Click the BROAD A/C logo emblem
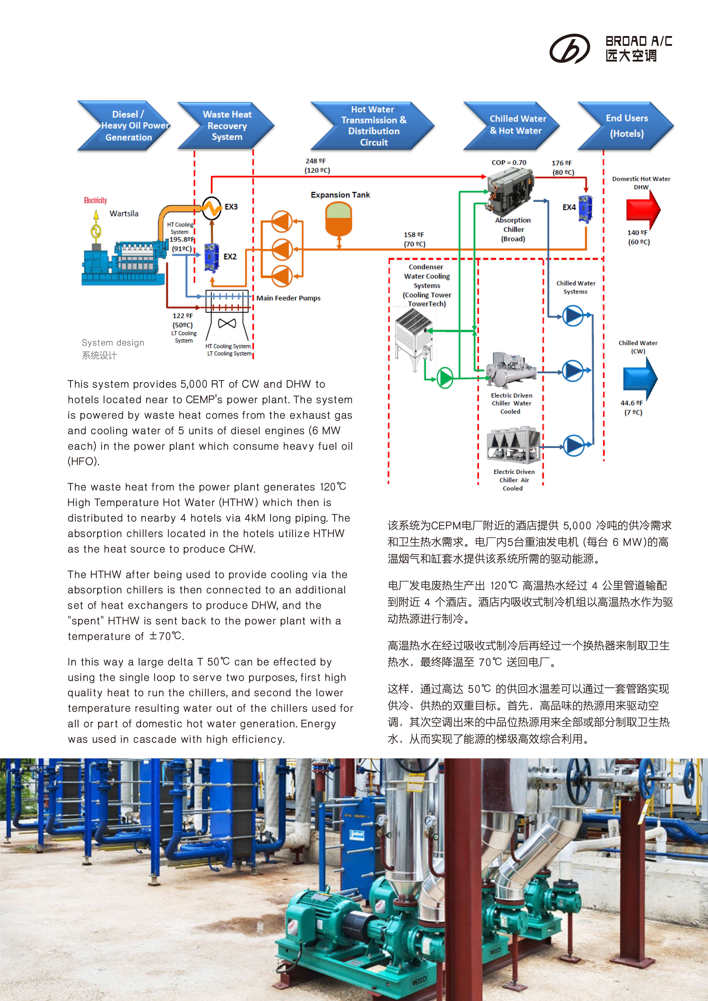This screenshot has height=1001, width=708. [x=569, y=48]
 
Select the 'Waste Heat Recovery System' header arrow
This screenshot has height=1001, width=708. [x=226, y=126]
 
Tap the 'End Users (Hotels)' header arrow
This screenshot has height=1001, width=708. [x=626, y=126]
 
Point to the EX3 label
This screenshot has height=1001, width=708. [x=231, y=207]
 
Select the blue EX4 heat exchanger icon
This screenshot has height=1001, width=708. [x=585, y=209]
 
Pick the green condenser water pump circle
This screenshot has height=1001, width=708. [x=445, y=378]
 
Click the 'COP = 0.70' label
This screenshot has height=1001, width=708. [x=509, y=163]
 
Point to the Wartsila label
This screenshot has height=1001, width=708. [x=124, y=214]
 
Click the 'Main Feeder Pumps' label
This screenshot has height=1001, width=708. [x=288, y=298]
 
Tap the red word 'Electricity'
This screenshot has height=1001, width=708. [x=96, y=200]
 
